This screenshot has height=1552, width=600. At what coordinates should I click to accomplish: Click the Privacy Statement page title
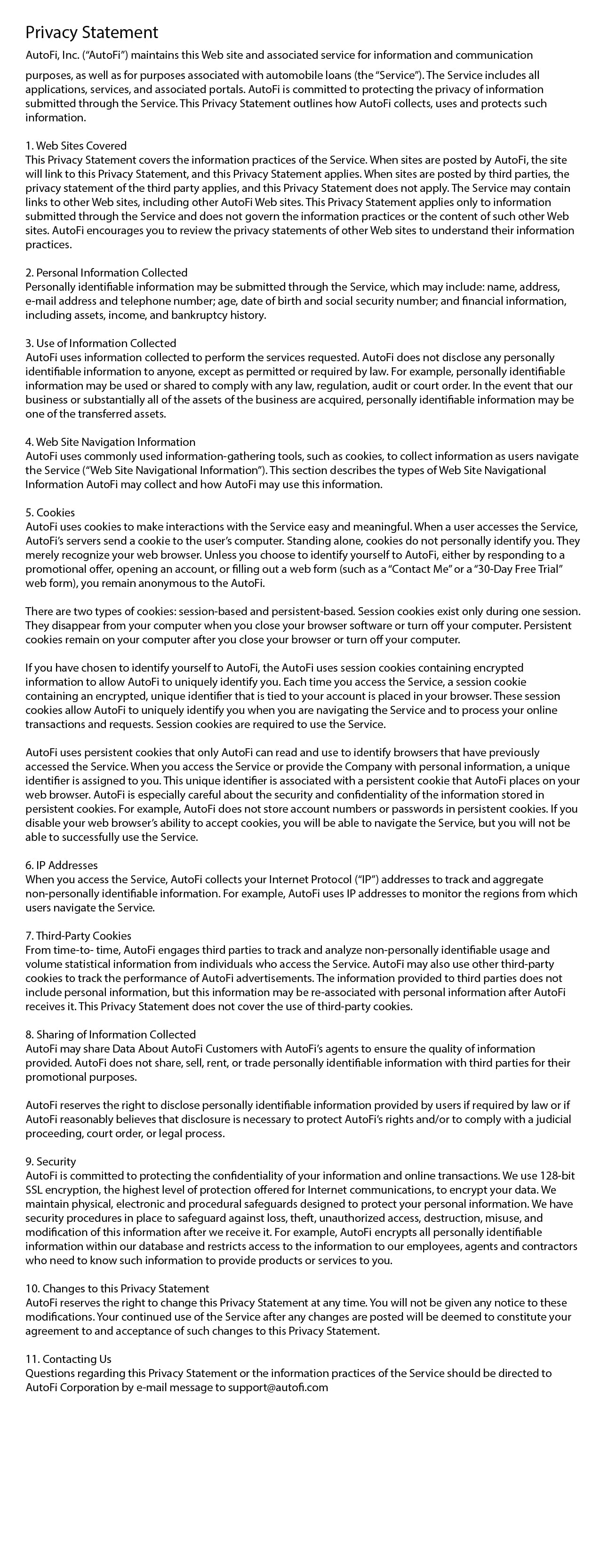tap(92, 32)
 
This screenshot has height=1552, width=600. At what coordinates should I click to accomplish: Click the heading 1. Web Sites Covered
tap(76, 146)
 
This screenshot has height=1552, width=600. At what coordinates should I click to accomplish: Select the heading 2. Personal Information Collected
tap(106, 273)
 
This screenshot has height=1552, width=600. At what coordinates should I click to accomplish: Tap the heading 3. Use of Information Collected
tap(101, 343)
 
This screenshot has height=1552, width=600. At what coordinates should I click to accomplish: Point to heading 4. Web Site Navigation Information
tap(110, 442)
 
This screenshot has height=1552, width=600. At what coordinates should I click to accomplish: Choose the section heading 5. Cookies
tap(50, 513)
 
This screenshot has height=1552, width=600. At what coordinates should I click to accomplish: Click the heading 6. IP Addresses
tap(62, 865)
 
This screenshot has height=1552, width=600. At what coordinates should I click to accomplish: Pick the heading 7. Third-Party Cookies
tap(79, 935)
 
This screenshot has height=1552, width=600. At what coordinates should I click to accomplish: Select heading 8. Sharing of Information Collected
tap(110, 1035)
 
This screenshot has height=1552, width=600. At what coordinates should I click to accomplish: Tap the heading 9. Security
tap(51, 1162)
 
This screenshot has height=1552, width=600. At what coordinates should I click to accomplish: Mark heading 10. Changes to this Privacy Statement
tap(117, 1289)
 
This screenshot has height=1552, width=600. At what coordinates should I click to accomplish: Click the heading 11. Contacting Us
tap(68, 1359)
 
